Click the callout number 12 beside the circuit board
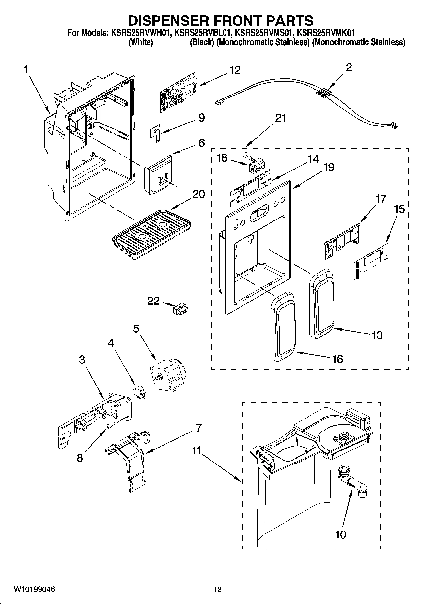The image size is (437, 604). click(x=235, y=70)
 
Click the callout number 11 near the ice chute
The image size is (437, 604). click(x=196, y=450)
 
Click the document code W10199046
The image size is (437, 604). click(x=34, y=589)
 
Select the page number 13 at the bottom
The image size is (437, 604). click(x=217, y=589)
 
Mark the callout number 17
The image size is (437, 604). click(x=381, y=199)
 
